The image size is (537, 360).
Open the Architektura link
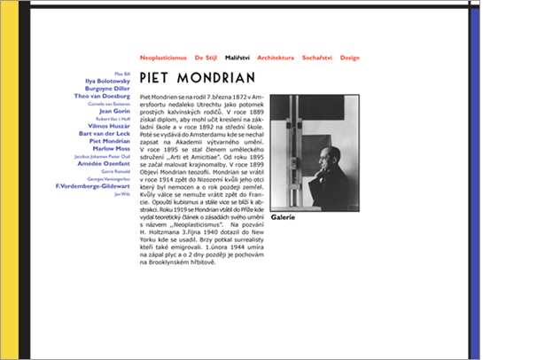point(274,57)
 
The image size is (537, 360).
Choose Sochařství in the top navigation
point(316,57)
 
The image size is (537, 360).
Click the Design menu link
point(350,57)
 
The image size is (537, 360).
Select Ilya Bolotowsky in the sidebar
point(106,81)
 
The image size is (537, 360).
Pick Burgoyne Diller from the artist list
point(107,89)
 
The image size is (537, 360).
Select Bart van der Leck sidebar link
point(105,133)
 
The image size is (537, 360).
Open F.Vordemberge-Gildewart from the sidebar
point(93,186)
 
